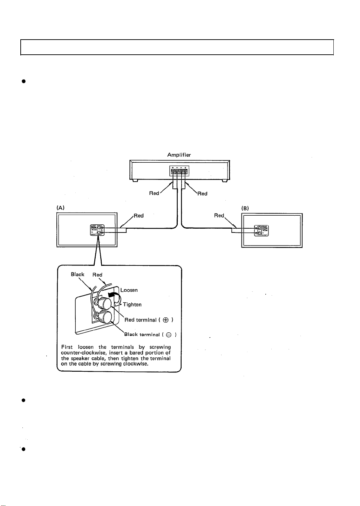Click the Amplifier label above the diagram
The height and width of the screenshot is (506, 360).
(179, 155)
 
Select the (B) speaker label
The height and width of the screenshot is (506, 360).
(245, 208)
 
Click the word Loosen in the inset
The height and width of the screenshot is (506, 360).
(129, 290)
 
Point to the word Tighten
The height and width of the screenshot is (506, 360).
(132, 304)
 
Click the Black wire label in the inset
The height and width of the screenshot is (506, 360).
(77, 274)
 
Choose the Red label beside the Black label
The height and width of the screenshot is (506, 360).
(97, 275)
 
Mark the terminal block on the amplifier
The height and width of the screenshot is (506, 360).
(179, 172)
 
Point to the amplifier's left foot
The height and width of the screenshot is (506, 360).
(135, 181)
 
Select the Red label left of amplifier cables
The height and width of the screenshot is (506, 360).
(154, 193)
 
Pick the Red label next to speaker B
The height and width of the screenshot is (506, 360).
(219, 215)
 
